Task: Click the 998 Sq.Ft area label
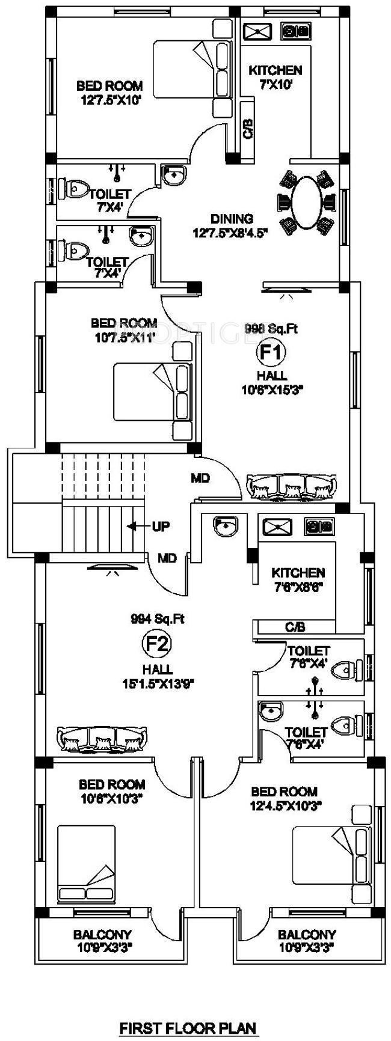point(271,328)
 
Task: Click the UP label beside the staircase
point(161,527)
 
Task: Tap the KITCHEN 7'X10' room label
point(276,77)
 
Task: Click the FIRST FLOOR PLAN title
point(188,1028)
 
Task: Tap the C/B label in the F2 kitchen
point(295,627)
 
